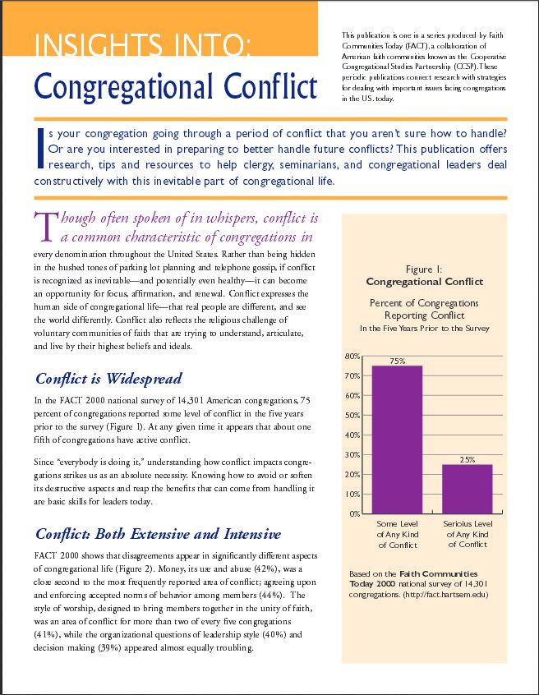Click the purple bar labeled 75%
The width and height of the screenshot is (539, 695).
398,440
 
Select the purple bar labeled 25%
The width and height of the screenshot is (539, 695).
468,489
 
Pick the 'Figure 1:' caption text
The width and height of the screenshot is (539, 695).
424,269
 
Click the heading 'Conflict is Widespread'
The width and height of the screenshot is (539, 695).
108,380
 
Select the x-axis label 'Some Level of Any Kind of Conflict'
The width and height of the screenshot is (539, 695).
398,534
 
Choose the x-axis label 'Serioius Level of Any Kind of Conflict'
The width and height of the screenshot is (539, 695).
468,534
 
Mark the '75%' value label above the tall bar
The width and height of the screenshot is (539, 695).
398,361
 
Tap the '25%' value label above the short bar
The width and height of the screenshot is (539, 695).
468,459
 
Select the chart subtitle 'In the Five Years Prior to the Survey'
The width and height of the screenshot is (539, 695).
424,328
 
